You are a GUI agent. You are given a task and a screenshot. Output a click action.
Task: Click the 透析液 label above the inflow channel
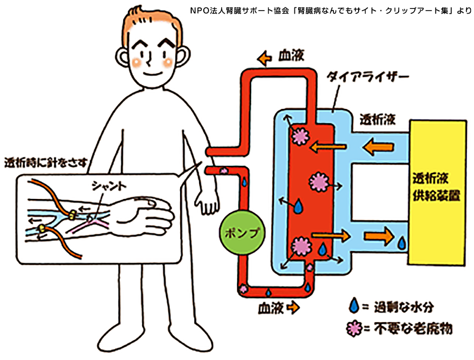[377, 119]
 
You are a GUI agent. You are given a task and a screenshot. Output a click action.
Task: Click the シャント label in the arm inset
[109, 186]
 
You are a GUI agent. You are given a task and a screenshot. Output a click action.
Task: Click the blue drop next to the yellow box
[402, 243]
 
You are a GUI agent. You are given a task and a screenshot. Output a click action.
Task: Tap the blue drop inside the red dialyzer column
[299, 206]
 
